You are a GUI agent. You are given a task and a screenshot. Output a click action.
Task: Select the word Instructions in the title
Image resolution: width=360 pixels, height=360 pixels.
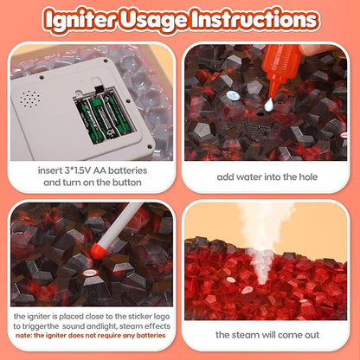[254, 19]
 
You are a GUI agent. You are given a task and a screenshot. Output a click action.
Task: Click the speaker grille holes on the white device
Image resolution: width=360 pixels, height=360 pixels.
[30, 100]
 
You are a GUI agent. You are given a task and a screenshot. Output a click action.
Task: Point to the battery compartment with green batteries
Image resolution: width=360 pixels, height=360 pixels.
[104, 116]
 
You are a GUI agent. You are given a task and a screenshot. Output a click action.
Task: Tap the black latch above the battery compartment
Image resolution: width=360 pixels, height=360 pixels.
[99, 89]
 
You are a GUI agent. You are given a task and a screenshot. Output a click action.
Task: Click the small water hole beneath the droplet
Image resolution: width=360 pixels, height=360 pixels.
[260, 113]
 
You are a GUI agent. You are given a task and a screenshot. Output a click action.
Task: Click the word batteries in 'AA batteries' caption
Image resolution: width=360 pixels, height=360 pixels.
[127, 170]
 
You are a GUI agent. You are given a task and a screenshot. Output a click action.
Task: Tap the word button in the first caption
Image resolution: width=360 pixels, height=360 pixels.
[127, 183]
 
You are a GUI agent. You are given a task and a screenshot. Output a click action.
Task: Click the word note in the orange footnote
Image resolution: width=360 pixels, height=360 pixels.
[23, 336]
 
